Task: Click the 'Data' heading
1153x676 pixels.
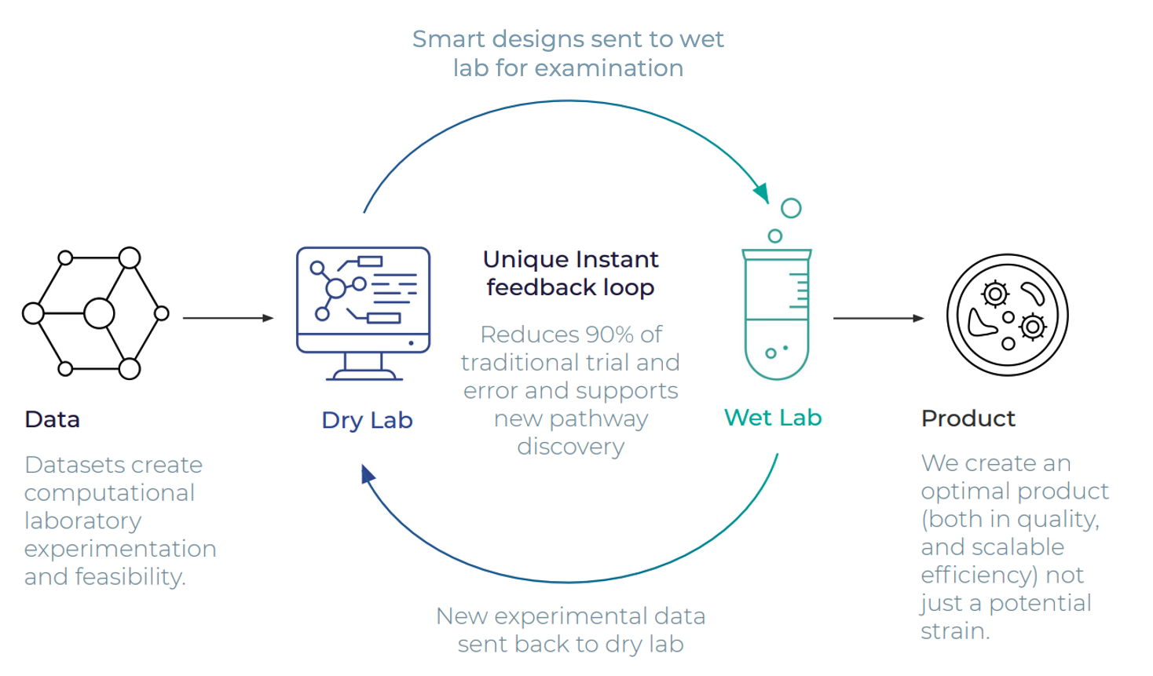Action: coord(52,419)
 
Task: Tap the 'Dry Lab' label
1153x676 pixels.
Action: coord(367,420)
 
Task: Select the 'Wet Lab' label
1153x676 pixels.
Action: coord(773,418)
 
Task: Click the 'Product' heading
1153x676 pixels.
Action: coord(968,418)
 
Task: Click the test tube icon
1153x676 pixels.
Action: coord(777,314)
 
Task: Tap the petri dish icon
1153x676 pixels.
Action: coord(1008,315)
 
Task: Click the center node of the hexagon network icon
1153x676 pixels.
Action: coord(99,313)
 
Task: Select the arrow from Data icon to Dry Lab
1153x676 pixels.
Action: coord(228,318)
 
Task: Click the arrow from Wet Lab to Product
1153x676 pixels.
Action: coord(878,319)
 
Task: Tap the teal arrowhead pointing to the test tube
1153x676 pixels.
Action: coord(762,192)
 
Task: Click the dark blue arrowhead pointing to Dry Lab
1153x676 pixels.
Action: coord(368,474)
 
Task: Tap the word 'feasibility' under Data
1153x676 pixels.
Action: coord(130,577)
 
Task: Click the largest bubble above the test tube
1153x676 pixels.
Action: coord(791,208)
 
